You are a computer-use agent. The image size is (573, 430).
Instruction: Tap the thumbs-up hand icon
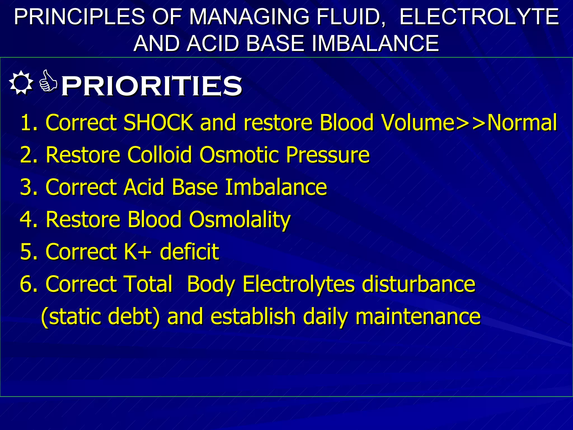tap(48, 81)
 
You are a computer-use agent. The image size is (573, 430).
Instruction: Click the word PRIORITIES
tap(151, 86)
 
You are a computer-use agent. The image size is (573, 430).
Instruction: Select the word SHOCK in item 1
tap(158, 122)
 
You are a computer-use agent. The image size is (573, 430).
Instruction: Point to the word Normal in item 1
tap(522, 122)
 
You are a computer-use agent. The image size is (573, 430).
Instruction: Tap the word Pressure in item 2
tap(328, 155)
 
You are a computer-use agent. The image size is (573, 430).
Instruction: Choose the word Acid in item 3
tap(144, 187)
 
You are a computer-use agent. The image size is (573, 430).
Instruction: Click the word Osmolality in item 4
tap(240, 220)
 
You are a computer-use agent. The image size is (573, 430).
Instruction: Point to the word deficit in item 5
tap(189, 251)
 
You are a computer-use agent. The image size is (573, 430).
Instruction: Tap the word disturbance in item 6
tap(418, 284)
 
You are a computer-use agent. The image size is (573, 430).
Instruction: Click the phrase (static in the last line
tap(71, 316)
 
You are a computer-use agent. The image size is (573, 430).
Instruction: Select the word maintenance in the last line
tap(418, 316)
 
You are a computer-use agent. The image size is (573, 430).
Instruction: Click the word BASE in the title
tap(275, 43)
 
